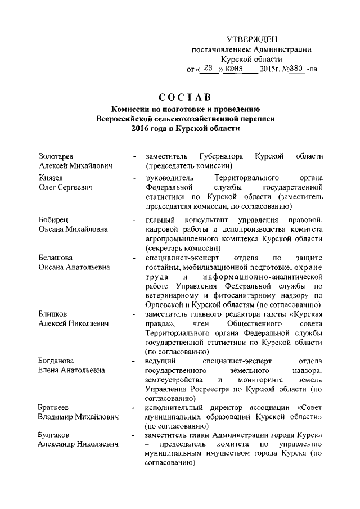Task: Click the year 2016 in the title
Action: pos(142,129)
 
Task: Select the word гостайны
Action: pos(162,268)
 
